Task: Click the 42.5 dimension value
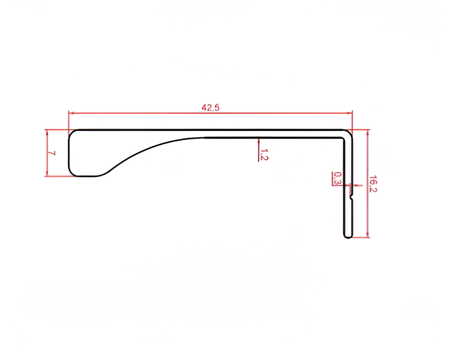[210, 108]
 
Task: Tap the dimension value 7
[51, 153]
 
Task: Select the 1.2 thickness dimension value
[264, 154]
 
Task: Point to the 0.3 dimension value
[338, 178]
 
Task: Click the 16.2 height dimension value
[373, 184]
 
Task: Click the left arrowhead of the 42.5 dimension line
[71, 113]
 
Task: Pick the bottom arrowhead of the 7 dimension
[47, 173]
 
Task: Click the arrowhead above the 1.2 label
[258, 141]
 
